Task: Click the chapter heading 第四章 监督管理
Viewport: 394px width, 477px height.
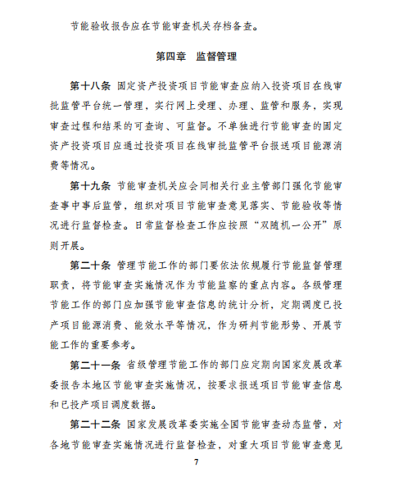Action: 196,57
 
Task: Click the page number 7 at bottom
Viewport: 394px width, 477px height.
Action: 197,466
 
